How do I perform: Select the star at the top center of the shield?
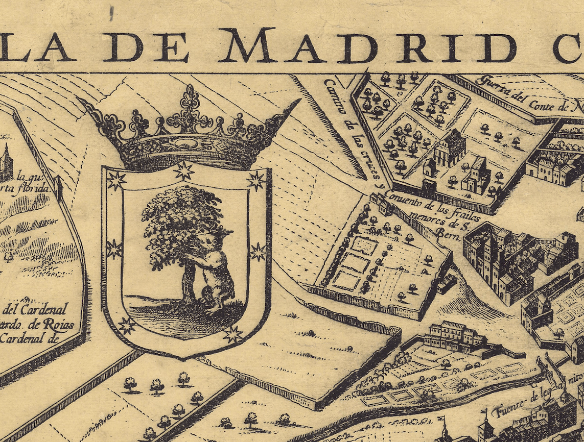(x=184, y=170)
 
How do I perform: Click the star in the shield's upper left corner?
(x=116, y=181)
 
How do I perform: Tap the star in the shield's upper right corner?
(x=256, y=180)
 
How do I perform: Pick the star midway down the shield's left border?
(x=113, y=249)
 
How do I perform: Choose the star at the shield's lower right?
(x=233, y=334)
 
